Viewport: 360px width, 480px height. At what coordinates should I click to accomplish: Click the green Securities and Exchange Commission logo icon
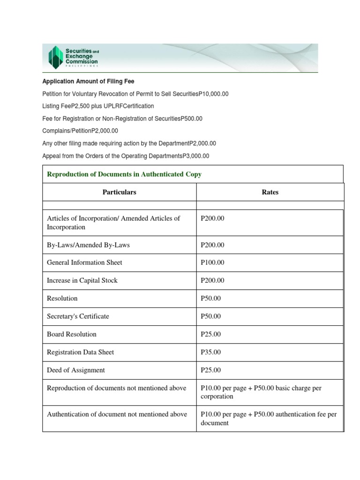55,57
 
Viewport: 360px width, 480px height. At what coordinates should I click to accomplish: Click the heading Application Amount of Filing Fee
88,82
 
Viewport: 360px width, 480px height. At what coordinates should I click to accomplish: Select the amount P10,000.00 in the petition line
213,94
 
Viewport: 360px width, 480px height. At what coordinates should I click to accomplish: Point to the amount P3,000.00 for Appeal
194,156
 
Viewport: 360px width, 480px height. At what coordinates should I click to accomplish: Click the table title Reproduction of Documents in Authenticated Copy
124,174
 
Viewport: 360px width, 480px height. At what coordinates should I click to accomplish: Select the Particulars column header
120,192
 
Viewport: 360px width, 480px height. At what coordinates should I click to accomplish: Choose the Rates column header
270,192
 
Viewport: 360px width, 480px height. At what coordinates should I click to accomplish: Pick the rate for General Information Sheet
212,262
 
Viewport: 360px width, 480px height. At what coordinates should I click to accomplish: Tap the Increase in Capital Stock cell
82,280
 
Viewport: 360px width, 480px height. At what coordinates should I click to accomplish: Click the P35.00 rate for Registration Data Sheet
210,352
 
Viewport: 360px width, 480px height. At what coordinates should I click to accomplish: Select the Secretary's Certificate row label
78,316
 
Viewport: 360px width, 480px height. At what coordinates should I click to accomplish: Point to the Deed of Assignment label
75,370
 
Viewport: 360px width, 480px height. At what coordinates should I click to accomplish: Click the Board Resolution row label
72,334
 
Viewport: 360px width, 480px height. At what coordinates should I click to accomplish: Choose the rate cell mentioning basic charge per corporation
261,392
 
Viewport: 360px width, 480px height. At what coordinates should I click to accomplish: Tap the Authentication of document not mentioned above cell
117,414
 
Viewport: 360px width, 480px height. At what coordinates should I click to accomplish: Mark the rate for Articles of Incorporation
212,218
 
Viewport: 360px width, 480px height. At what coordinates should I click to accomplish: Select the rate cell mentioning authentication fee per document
268,419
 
